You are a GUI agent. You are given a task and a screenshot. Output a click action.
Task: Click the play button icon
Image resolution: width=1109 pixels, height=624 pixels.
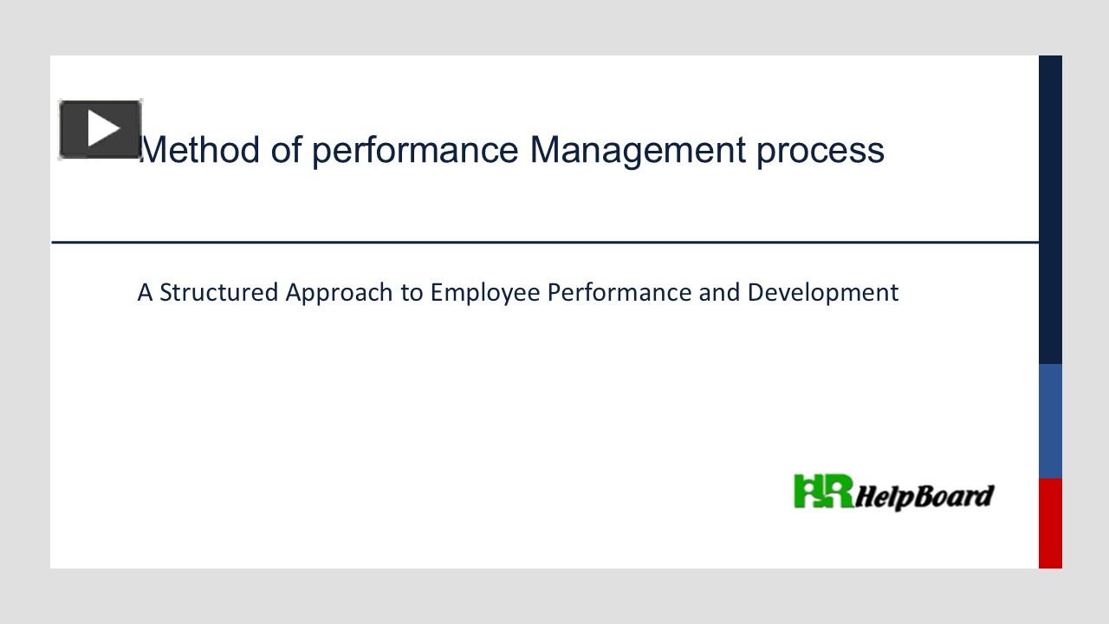point(101,129)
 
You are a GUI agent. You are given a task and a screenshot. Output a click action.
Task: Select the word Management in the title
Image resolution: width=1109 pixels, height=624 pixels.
point(637,150)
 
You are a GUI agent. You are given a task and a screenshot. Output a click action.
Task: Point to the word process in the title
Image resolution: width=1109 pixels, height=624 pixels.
point(820,150)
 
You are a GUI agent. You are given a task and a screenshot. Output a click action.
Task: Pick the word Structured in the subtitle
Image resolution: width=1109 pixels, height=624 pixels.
point(219,293)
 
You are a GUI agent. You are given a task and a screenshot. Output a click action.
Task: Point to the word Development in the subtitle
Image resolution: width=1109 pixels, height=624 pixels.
point(822,293)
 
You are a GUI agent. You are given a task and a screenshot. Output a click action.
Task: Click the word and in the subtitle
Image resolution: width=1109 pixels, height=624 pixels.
point(719,293)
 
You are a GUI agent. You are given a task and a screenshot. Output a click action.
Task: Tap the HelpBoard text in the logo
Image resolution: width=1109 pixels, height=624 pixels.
point(924,497)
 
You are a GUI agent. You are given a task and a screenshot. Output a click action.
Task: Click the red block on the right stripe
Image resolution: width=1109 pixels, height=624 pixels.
point(1050,523)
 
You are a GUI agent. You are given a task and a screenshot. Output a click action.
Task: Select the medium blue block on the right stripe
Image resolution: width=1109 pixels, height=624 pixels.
point(1050,420)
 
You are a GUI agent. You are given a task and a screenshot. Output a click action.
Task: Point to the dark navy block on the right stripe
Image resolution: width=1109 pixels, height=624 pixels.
point(1050,208)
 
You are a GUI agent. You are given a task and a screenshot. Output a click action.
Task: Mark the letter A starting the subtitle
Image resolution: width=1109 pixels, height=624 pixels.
point(145,293)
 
